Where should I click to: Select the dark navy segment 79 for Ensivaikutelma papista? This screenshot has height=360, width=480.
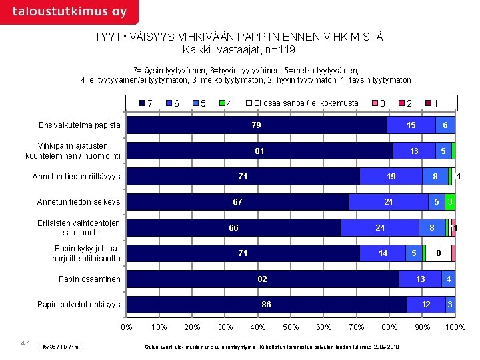[257, 125]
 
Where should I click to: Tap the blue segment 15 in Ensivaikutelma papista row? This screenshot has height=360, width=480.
[411, 125]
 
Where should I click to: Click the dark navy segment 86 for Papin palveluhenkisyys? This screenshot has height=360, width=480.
[267, 305]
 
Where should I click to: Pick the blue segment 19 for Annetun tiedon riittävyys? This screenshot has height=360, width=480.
[391, 177]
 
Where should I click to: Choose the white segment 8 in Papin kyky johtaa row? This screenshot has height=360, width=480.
[438, 253]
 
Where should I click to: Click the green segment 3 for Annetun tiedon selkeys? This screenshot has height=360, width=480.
[450, 202]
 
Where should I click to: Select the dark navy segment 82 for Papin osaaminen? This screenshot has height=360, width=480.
[263, 279]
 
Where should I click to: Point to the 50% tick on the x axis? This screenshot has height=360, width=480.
[291, 327]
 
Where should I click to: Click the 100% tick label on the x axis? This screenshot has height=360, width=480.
[455, 327]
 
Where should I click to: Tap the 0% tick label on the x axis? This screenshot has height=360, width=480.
[127, 327]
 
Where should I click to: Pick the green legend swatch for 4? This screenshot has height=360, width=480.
[222, 103]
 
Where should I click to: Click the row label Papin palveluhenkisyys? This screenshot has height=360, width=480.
[79, 305]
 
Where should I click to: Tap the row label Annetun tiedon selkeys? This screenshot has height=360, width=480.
[79, 202]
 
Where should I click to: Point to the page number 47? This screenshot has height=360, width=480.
[25, 343]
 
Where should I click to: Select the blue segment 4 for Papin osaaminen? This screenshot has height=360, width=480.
[449, 279]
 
